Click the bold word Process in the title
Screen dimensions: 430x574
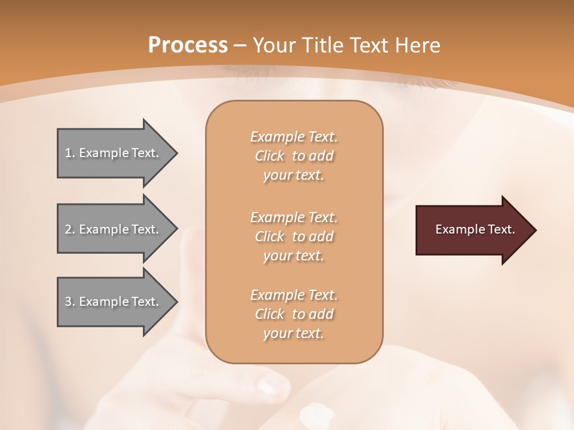pyautogui.click(x=188, y=45)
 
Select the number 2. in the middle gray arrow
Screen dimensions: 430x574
pyautogui.click(x=70, y=229)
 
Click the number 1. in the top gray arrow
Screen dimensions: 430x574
pyautogui.click(x=70, y=153)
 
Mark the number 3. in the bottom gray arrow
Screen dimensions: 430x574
pyautogui.click(x=70, y=302)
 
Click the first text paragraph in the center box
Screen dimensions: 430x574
pyautogui.click(x=294, y=156)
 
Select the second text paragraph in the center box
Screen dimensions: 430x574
pyautogui.click(x=294, y=236)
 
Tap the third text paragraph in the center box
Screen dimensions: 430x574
pyautogui.click(x=294, y=314)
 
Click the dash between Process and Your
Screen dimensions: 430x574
pyautogui.click(x=240, y=46)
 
